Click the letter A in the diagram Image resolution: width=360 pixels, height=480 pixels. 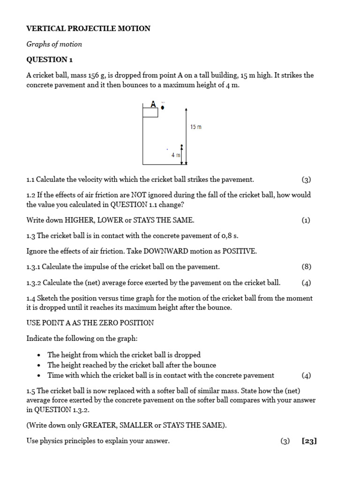coord(153,104)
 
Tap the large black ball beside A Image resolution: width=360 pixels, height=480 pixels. coord(163,107)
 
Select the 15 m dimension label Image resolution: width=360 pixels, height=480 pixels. coord(196,127)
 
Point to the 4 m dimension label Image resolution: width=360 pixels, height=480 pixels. coord(176,155)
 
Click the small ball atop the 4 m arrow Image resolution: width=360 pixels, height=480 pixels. coord(181,146)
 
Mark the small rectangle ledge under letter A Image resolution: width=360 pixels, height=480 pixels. coord(150,112)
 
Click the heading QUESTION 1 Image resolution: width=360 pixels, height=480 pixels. coord(50,60)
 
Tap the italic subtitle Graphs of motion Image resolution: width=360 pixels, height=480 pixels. coord(54,44)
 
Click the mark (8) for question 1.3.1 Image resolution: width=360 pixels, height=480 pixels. coord(306,267)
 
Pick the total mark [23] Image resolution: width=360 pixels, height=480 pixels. coord(310,441)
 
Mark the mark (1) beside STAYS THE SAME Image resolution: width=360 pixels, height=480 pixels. coord(306,220)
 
